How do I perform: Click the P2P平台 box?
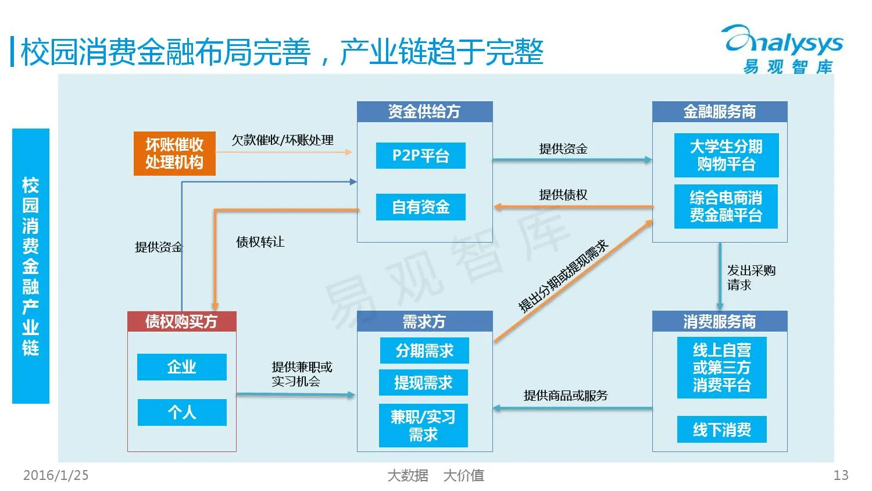[x=420, y=156]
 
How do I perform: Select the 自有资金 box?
[x=420, y=207]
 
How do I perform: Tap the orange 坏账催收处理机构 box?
[x=174, y=154]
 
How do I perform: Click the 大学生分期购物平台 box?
[x=726, y=155]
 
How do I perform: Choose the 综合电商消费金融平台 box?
[x=726, y=207]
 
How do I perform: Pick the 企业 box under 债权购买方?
[x=181, y=367]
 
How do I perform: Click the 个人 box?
[x=181, y=412]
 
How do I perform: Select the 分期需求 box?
[x=424, y=351]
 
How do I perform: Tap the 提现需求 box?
[x=423, y=383]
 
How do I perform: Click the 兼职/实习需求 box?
[x=423, y=426]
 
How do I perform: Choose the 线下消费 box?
[x=721, y=429]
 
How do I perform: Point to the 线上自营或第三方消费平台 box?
[x=721, y=368]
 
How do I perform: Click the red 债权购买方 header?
[x=181, y=322]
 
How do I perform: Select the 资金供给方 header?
[x=424, y=112]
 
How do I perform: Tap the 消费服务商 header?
[x=719, y=322]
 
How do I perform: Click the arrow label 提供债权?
[x=563, y=195]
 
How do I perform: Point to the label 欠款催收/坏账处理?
[x=283, y=140]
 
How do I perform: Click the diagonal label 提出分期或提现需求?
[x=563, y=276]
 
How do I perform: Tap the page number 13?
[x=841, y=475]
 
